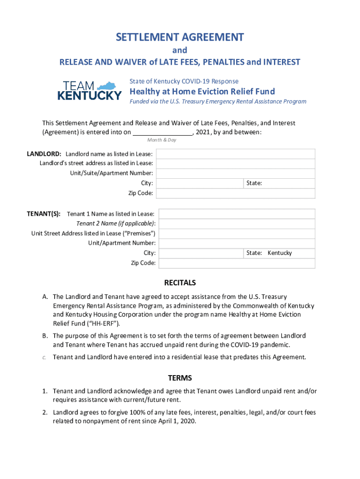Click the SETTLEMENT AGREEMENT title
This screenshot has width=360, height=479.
(180, 37)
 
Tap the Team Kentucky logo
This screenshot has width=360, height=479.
(89, 90)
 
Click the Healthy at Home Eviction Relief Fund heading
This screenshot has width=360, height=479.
(202, 91)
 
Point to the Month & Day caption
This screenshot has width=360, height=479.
(162, 140)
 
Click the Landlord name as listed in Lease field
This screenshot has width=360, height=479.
(235, 154)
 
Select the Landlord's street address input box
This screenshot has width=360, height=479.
(235, 164)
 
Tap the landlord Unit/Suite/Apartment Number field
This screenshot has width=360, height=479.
(235, 174)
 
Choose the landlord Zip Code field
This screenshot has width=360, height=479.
(235, 193)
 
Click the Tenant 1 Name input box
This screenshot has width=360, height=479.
(237, 214)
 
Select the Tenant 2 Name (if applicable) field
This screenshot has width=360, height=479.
(237, 224)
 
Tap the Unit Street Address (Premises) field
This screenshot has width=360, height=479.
(237, 233)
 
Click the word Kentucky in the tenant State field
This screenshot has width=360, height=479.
(280, 253)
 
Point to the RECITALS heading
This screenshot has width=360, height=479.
(180, 283)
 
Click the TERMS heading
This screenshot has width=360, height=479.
(180, 378)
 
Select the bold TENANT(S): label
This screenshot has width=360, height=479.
(43, 214)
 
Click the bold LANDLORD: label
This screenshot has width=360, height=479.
(44, 154)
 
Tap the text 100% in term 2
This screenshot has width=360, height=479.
(122, 413)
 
